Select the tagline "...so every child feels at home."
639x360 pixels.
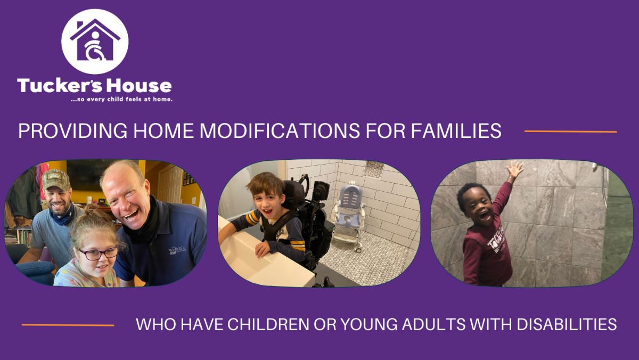(x=121, y=100)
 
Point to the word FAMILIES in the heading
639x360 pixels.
(x=456, y=131)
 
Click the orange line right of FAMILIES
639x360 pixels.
(x=570, y=132)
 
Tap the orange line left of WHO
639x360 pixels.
(x=68, y=325)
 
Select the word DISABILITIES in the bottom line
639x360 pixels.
(x=567, y=324)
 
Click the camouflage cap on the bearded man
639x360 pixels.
(x=55, y=179)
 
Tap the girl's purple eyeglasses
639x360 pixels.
(x=99, y=253)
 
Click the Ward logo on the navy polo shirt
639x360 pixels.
(x=177, y=250)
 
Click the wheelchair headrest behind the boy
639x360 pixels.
(x=294, y=191)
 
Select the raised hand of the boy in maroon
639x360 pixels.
(x=515, y=170)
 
